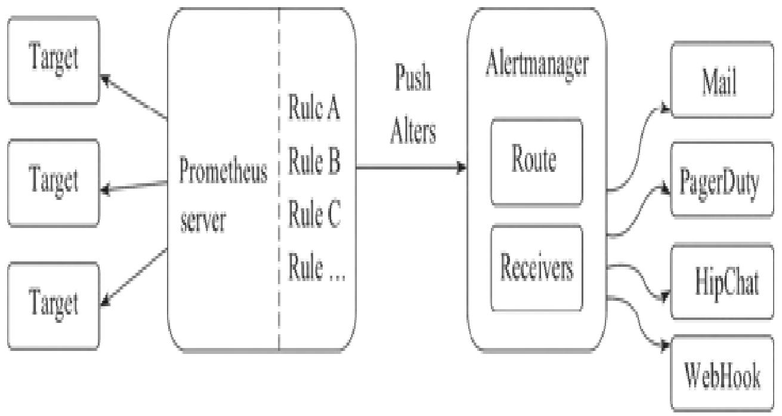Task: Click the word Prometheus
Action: (x=223, y=172)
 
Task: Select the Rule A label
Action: (x=314, y=110)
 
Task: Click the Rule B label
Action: (x=314, y=163)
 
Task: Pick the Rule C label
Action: (x=314, y=215)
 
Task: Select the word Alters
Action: (x=413, y=132)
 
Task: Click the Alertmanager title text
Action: (x=536, y=65)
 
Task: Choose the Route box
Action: (x=536, y=162)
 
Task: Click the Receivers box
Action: (x=536, y=269)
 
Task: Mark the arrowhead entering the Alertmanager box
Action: (x=462, y=168)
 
